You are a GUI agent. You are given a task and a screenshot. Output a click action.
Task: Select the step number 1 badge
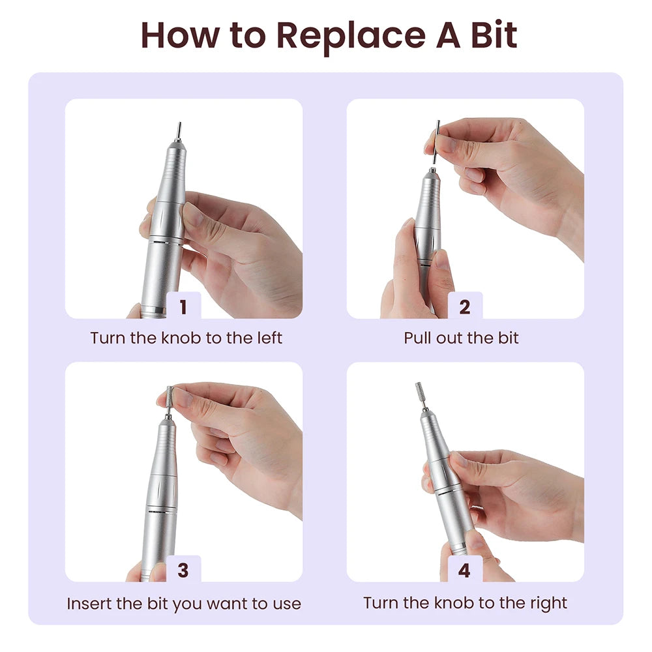coord(183,306)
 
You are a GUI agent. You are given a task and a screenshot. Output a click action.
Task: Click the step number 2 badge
coord(465,306)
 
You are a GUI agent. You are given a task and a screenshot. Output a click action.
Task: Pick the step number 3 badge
coord(183,569)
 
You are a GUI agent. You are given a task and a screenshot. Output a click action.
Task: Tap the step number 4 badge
coord(465,569)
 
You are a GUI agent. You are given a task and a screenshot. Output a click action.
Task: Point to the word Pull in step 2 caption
coord(417,338)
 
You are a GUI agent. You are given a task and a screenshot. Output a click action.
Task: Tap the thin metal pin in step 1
coord(179,132)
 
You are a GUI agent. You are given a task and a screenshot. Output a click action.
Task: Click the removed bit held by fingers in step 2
coord(436,142)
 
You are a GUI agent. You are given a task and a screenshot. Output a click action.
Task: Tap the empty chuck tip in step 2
coord(432,170)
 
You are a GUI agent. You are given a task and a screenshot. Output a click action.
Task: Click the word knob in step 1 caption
coord(181,338)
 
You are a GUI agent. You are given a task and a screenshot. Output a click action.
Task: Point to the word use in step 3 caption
coord(287,604)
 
